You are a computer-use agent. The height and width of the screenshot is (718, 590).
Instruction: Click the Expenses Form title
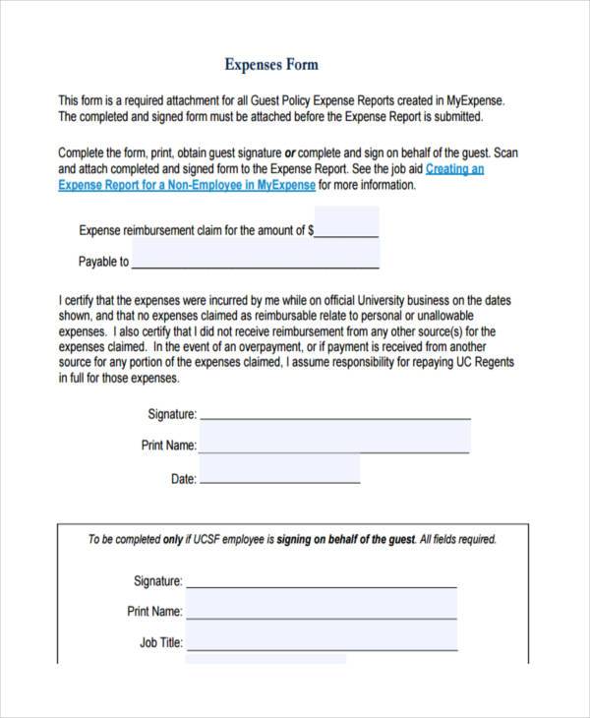coord(271,65)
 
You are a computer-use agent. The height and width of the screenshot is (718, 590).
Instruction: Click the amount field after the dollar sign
coord(346,230)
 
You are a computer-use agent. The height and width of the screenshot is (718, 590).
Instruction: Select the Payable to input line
coord(255,261)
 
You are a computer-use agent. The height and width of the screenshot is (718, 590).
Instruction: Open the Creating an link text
coord(454,169)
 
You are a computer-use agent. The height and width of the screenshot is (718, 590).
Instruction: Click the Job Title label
coord(160,643)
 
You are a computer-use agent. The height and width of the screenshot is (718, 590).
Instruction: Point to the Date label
coord(184,479)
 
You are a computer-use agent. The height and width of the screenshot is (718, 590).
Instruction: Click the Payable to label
coord(103,262)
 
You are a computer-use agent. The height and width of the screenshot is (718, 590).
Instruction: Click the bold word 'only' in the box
coord(172,539)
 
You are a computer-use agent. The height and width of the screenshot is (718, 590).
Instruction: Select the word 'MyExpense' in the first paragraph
coord(474,100)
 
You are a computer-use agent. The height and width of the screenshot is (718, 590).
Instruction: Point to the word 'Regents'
coord(494,363)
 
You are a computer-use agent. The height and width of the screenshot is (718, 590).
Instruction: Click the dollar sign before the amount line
coord(311,231)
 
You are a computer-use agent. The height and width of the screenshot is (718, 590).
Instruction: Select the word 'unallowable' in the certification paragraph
coord(445,316)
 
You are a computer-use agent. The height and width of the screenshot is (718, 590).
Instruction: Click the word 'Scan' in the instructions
coord(504,153)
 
